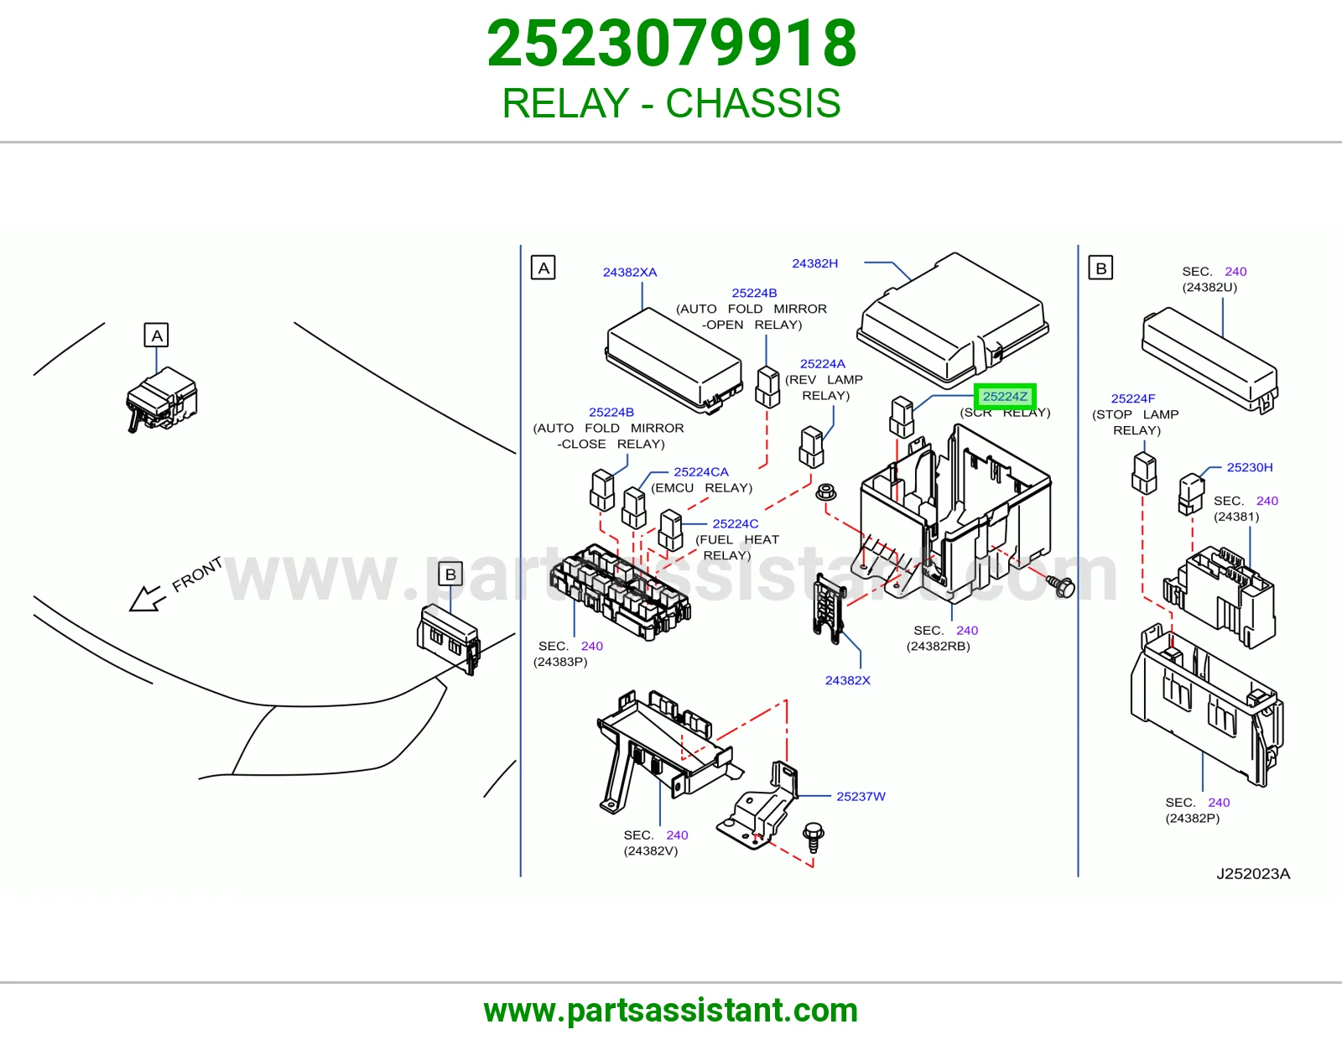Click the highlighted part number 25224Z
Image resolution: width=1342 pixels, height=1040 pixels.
tap(1005, 397)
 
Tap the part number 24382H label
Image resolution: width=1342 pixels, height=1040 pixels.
tap(814, 263)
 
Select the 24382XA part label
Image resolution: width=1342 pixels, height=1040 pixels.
tap(630, 273)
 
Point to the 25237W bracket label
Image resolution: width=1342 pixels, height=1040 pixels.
tap(861, 797)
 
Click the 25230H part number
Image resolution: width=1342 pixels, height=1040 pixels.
tap(1250, 467)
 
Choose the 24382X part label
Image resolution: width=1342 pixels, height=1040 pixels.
tap(848, 680)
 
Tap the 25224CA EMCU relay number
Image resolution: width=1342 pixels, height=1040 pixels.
tap(701, 472)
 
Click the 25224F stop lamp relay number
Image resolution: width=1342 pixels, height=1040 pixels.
tap(1132, 399)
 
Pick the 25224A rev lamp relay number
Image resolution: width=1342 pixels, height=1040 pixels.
tap(823, 364)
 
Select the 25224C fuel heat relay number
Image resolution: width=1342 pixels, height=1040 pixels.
tap(735, 523)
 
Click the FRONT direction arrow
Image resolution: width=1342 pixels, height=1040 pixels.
tap(147, 599)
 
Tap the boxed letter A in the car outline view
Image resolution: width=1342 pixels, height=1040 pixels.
tap(156, 335)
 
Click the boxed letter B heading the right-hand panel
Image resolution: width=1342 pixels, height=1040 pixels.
tap(1100, 268)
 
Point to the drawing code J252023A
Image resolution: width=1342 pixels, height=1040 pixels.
tap(1253, 874)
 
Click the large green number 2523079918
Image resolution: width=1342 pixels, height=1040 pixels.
tap(671, 44)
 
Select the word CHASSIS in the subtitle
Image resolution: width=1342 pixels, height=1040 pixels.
tap(753, 103)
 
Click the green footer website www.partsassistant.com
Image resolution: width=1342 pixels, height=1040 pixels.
tap(671, 1011)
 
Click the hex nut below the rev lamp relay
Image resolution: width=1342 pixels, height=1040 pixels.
tap(825, 492)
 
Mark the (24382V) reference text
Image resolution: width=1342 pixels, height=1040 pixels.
tap(650, 851)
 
